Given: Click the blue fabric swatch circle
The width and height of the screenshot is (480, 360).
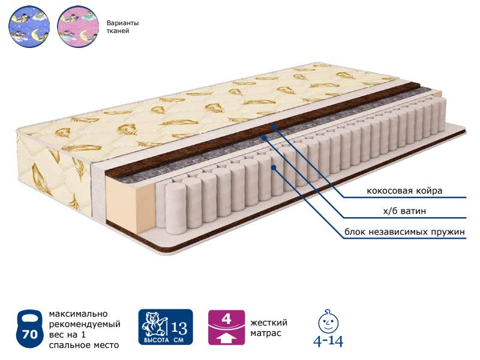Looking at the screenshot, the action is point(29,26).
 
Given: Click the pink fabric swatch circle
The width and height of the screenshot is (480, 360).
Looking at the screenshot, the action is point(78,26).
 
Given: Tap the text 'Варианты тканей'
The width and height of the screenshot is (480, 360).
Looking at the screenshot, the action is point(122,27).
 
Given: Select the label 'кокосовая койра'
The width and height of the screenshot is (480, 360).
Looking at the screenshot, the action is point(404,191).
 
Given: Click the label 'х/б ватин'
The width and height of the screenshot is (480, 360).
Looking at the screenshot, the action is point(404,211).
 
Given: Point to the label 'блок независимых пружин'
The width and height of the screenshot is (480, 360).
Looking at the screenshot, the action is point(404,232).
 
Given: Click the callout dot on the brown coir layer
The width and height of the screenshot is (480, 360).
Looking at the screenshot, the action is point(274,125).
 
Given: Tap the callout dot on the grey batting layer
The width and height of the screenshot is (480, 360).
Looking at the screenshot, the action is point(264,138).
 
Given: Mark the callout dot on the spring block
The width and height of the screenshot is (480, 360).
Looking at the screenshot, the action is point(274,167).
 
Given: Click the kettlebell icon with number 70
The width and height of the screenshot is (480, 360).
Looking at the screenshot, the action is point(29,329).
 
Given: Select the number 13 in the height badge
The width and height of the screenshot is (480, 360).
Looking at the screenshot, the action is point(179,328).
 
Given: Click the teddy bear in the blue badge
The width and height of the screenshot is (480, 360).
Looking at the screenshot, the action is point(155,324).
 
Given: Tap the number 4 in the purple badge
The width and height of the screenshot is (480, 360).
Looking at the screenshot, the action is point(227,319).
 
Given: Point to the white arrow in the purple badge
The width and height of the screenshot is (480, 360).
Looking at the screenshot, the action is point(227,338).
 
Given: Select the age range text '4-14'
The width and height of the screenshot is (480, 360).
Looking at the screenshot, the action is point(328,341).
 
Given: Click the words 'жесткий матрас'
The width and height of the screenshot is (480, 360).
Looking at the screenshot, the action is point(268,328).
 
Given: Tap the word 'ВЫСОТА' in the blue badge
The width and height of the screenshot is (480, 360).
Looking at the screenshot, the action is point(157,340).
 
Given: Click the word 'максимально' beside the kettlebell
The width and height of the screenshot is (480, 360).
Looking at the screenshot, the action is point(79,314).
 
